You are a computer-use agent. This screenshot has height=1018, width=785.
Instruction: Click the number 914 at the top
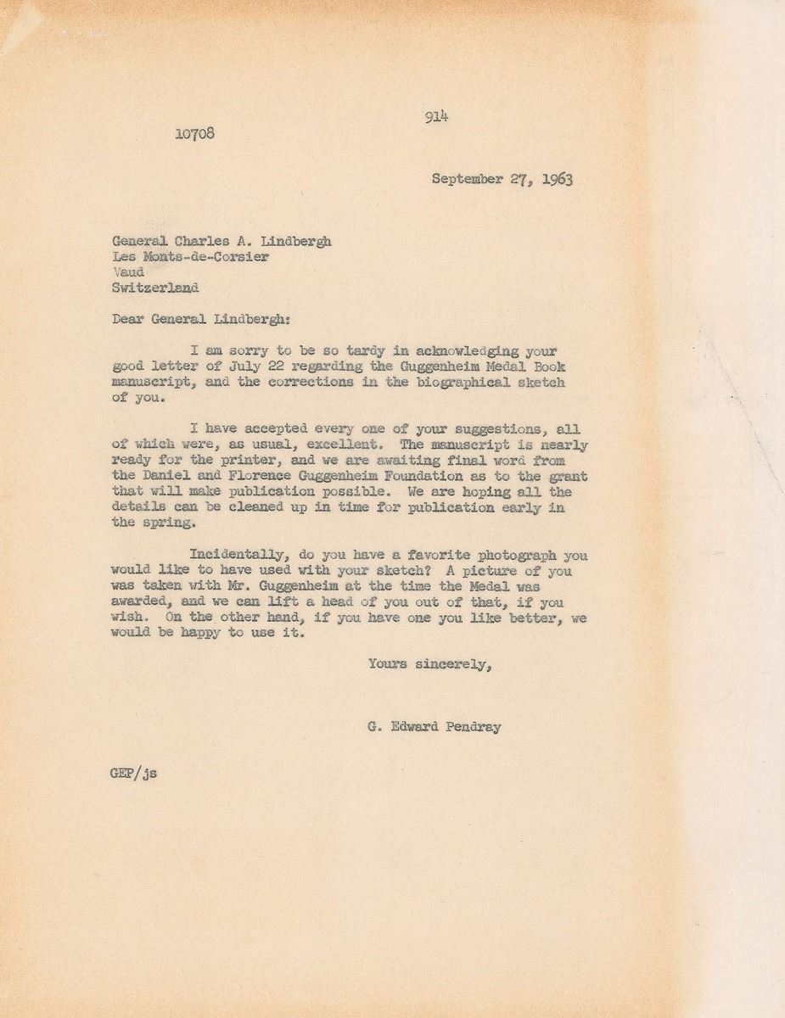tap(436, 118)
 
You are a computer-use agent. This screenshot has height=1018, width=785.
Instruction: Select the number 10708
tap(194, 134)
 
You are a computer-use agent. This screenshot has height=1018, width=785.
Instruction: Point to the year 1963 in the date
tap(553, 180)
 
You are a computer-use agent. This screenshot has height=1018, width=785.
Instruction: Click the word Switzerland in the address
tap(155, 288)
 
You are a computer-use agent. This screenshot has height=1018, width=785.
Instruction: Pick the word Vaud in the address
tap(128, 272)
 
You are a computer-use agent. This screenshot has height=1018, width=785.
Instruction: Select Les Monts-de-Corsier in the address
tap(191, 257)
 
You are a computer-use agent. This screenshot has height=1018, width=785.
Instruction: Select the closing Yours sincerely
tap(429, 664)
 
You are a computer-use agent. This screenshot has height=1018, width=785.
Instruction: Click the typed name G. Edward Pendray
tap(435, 727)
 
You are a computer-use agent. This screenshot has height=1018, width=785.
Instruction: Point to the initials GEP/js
tap(133, 774)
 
